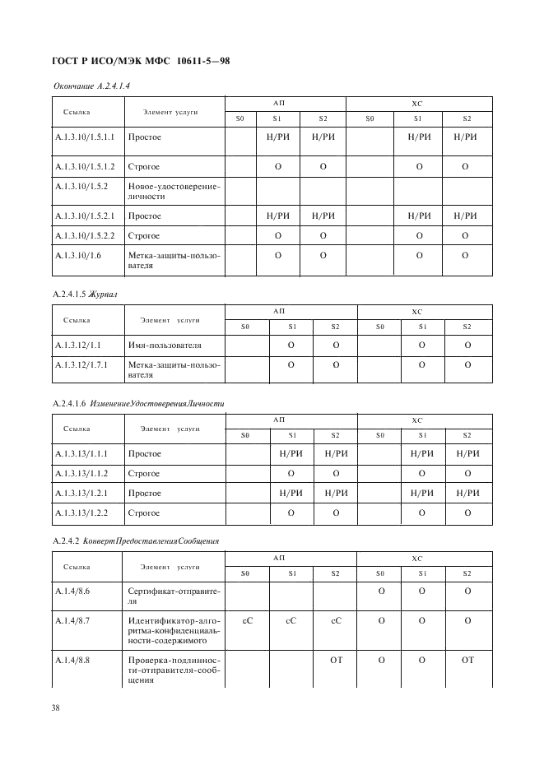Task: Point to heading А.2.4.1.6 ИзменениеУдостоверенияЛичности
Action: [138, 404]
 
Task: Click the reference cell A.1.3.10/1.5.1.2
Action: [84, 166]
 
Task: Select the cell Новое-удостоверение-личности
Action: [174, 192]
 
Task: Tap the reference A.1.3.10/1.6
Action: [78, 256]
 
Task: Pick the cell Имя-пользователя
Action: [165, 346]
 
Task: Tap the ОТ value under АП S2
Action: [336, 659]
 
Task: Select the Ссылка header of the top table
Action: [77, 112]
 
